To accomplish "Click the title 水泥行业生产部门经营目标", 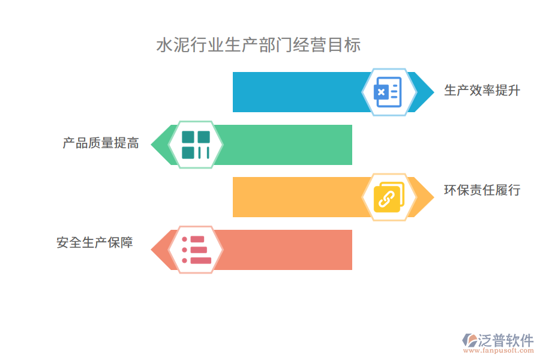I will tap(258, 46).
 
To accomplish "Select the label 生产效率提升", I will tap(482, 91).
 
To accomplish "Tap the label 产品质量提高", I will tap(101, 143).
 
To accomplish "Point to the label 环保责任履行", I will tap(482, 191).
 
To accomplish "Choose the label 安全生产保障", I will tap(95, 243).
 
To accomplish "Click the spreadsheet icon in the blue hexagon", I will tap(388, 92).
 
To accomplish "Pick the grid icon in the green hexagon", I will tap(196, 145).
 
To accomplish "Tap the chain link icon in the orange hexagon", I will tap(388, 197).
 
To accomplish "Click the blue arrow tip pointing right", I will tap(425, 92).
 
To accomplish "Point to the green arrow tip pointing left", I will tap(159, 145).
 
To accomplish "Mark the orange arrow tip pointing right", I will tap(425, 197).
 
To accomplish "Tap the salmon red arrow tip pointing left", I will tap(159, 250).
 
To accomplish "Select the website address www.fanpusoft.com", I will tap(497, 352).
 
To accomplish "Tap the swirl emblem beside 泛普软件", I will tap(469, 340).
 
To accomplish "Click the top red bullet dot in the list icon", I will tap(185, 239).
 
